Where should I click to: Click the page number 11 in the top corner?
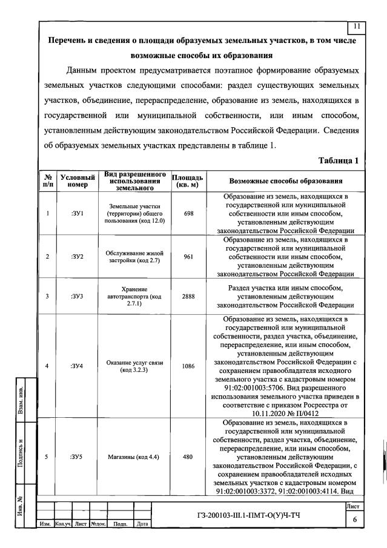356,26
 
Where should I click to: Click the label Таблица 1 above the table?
339,160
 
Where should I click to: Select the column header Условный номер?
78,180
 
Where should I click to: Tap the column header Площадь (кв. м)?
188,180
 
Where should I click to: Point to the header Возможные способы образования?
286,180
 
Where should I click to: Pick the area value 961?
188,256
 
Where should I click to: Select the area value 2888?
188,296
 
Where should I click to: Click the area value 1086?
188,366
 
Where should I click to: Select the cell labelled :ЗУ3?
78,296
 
